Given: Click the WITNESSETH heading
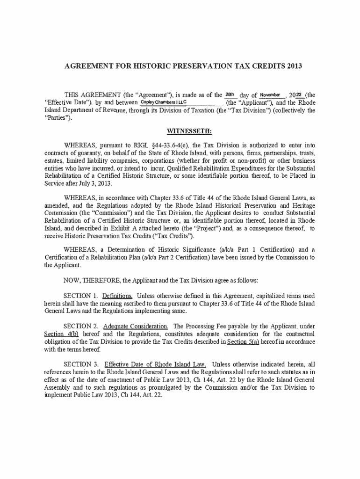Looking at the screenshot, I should [x=180, y=132].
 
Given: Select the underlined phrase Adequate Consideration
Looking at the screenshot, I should [x=136, y=326].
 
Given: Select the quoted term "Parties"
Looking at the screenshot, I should [x=58, y=118].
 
